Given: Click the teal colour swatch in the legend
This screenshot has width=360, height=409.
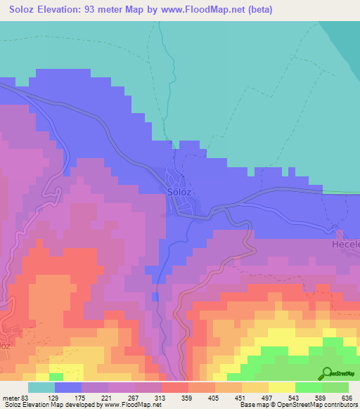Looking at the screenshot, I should point(41,387).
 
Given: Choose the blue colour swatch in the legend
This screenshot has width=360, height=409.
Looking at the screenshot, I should point(68,387).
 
